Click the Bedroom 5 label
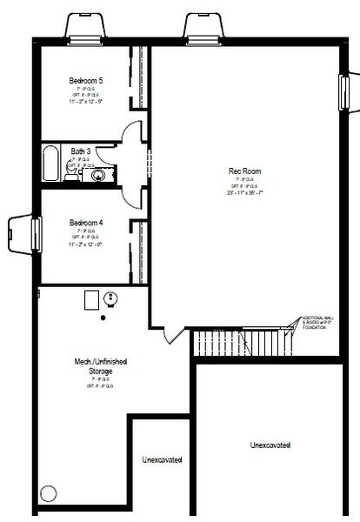(86, 81)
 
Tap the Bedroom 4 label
(86, 223)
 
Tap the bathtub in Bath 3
(50, 164)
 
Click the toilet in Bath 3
(74, 175)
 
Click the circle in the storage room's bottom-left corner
(49, 495)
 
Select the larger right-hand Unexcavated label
(270, 445)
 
